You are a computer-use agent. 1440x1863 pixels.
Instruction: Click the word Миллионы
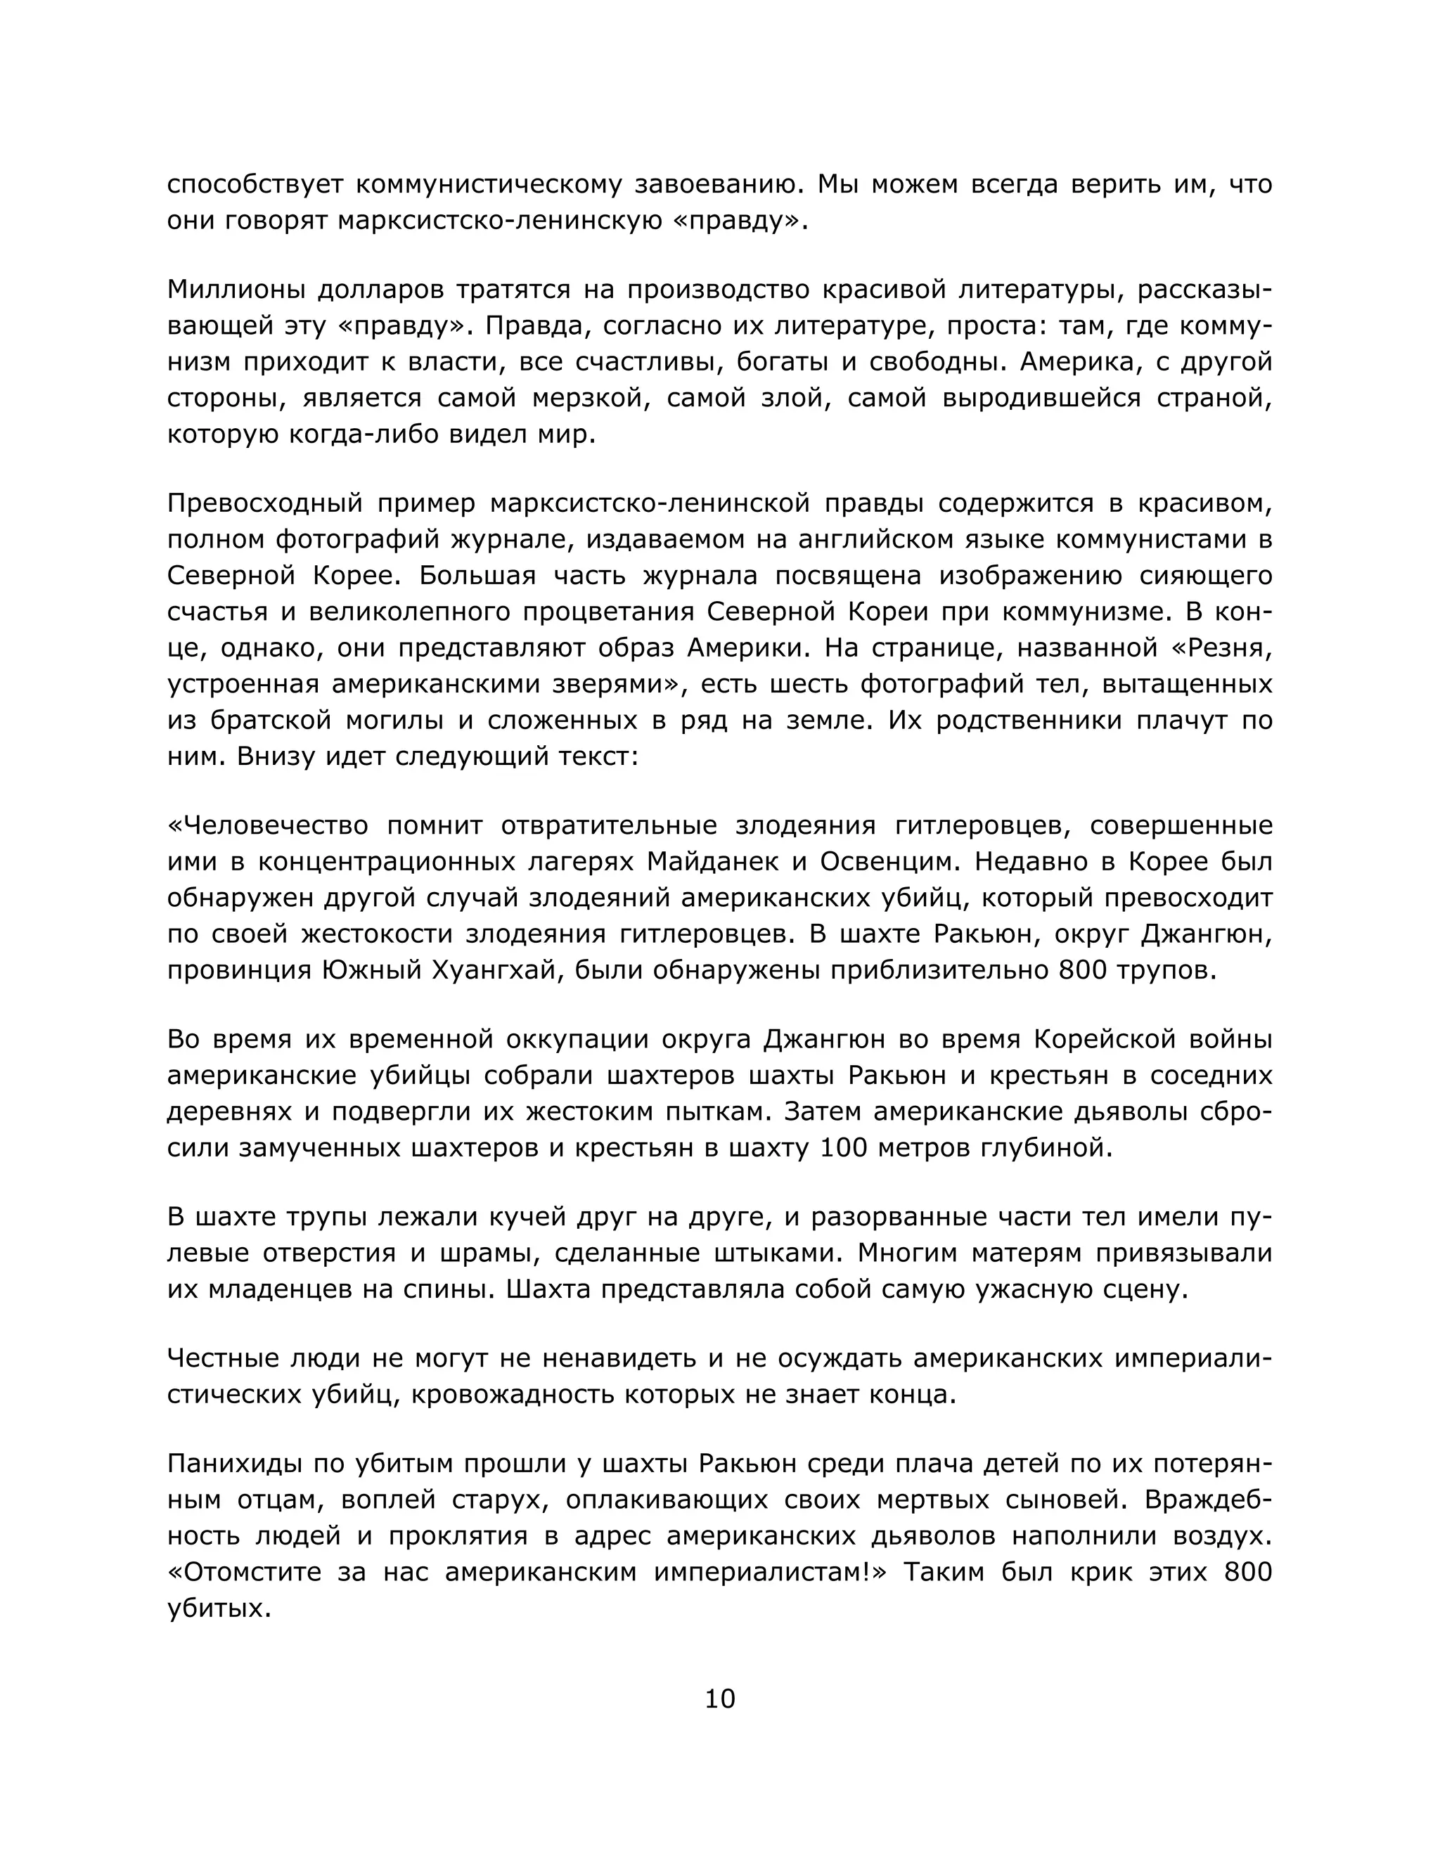click(x=235, y=290)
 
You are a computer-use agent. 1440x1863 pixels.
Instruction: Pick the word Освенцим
click(x=889, y=862)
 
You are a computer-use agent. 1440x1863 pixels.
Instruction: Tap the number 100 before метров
click(x=844, y=1148)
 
